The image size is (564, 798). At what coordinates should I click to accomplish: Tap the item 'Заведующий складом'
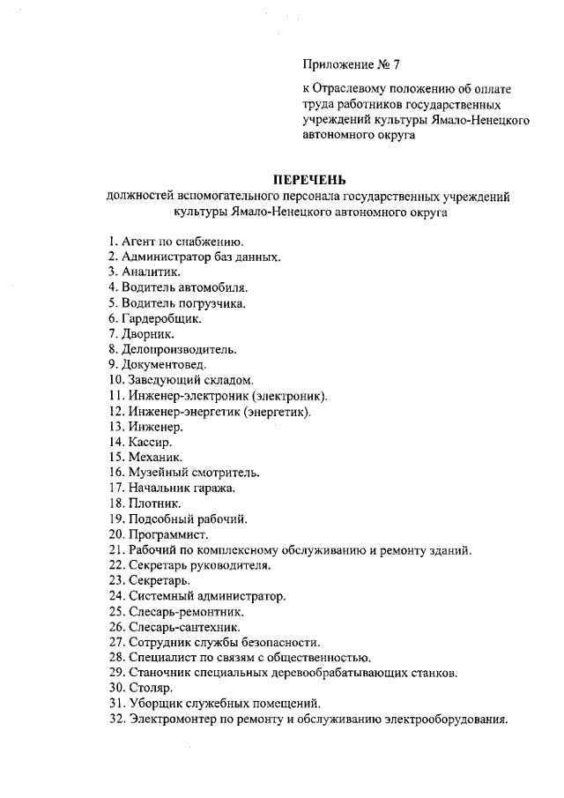[183, 380]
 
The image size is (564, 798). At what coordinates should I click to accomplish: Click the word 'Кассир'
[148, 441]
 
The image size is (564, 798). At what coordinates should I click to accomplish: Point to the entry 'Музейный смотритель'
[188, 472]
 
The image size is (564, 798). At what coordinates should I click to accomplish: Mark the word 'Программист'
[168, 533]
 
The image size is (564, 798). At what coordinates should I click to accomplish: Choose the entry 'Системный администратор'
[207, 595]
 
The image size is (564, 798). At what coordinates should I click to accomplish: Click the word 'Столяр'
[149, 688]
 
